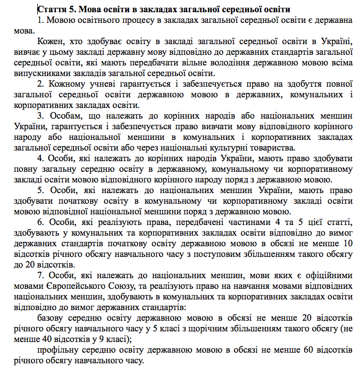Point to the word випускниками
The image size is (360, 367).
click(40, 73)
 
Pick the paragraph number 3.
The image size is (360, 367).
click(40, 116)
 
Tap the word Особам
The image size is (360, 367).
click(63, 116)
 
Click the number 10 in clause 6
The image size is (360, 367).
click(349, 244)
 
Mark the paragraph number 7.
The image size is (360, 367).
click(40, 276)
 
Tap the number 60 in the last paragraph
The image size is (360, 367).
click(300, 351)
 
